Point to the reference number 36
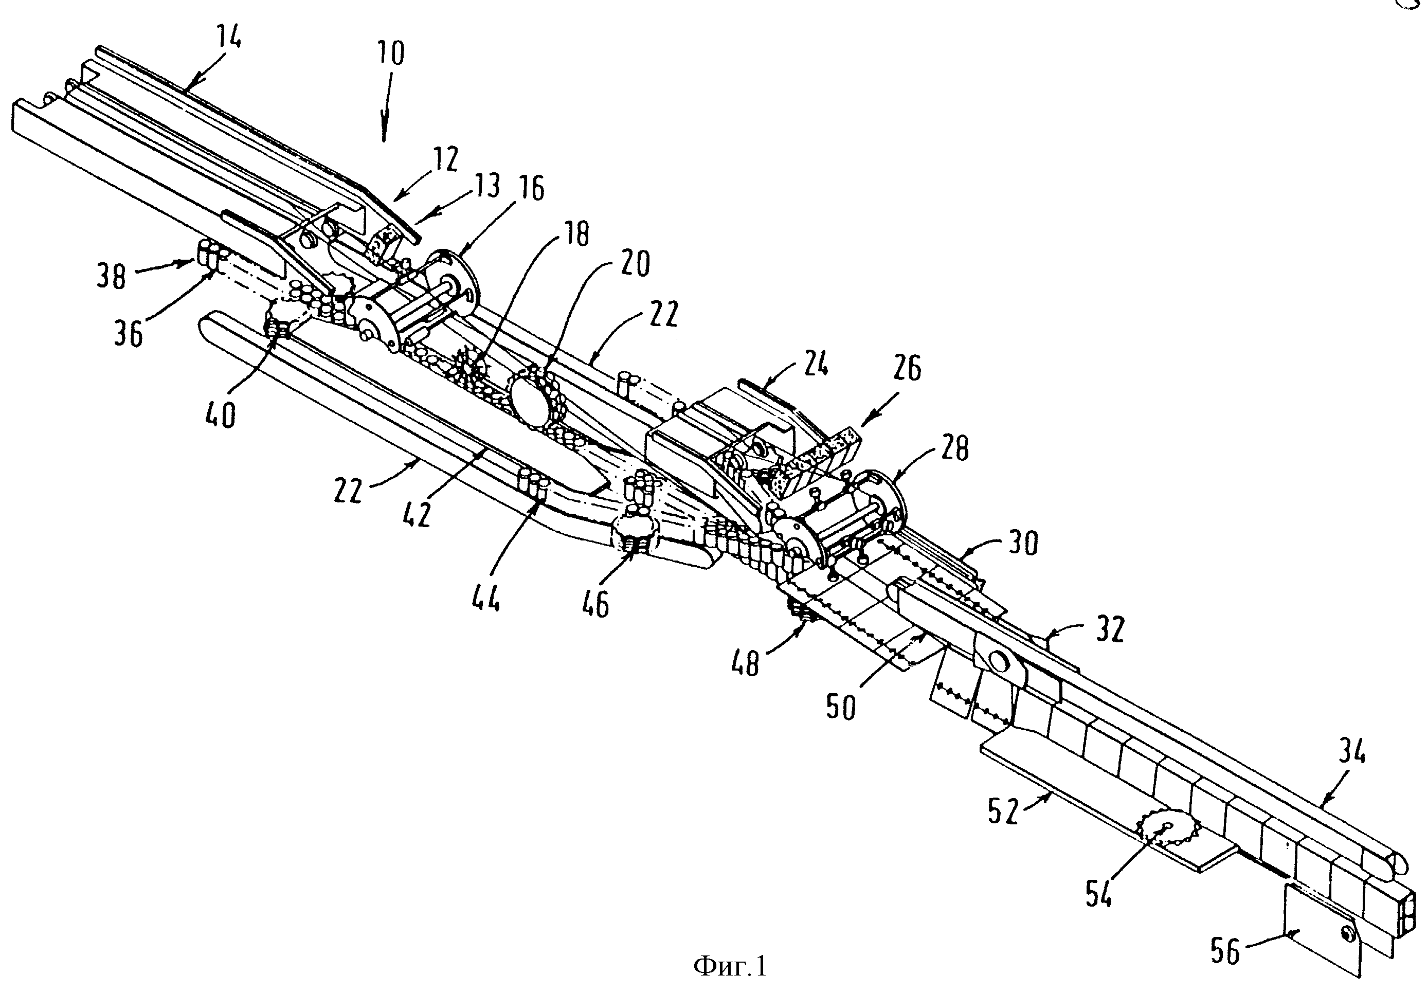(128, 334)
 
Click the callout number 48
(745, 664)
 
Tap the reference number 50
(840, 706)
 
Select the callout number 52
(1003, 811)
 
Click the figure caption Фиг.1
(730, 966)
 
